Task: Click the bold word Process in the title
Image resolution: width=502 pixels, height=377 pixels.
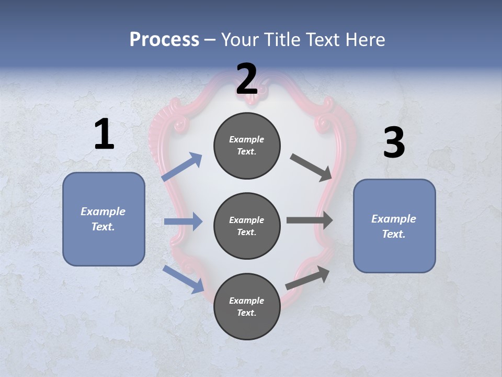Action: click(x=164, y=39)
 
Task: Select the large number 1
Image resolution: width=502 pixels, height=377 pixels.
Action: click(x=104, y=134)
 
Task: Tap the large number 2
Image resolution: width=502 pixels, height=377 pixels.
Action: click(x=247, y=79)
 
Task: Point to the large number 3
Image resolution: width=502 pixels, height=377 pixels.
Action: click(x=394, y=143)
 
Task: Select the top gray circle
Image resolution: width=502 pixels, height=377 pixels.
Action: click(x=247, y=146)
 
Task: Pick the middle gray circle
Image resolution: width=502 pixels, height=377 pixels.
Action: click(x=247, y=226)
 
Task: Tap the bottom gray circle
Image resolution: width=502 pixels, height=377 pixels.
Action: click(x=247, y=307)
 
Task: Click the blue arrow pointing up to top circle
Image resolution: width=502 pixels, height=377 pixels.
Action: click(x=182, y=167)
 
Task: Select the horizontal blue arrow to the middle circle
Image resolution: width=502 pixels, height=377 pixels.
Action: click(x=183, y=221)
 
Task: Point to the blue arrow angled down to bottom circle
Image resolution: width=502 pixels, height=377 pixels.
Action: click(x=183, y=279)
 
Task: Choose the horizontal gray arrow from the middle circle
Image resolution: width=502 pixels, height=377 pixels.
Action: click(x=310, y=220)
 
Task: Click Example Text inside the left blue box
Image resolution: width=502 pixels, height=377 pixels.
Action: click(x=103, y=219)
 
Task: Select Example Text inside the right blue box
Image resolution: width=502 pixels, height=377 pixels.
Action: click(x=394, y=226)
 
